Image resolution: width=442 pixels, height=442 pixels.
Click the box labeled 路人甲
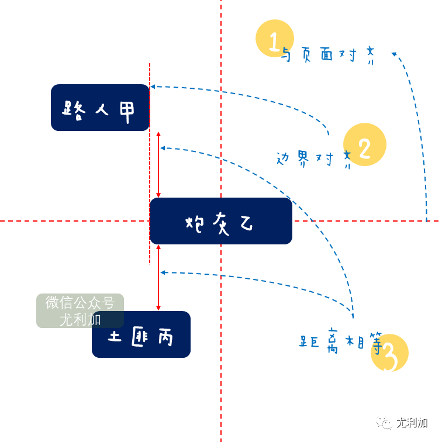100,108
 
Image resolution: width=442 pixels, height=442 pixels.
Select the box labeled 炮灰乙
221,221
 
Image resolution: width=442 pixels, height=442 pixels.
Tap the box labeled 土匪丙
141,335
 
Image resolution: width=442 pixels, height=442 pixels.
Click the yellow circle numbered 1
274,39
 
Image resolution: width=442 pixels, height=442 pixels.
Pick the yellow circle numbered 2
365,144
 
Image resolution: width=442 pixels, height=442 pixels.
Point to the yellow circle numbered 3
390,353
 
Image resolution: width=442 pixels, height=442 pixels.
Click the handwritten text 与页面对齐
327,56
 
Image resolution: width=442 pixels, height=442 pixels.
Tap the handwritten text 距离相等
340,341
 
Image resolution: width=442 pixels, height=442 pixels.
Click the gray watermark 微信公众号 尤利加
80,310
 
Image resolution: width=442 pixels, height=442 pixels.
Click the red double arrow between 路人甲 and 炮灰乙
158,164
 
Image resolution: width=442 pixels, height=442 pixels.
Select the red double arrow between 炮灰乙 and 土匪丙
158,278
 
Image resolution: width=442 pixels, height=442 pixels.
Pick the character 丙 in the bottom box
164,336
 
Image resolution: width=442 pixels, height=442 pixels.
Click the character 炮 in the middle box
195,223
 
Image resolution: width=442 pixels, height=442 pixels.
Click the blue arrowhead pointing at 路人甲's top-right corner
153,87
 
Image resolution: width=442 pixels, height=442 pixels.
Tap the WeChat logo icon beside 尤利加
385,422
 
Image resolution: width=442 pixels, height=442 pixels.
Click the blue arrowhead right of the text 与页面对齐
395,54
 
